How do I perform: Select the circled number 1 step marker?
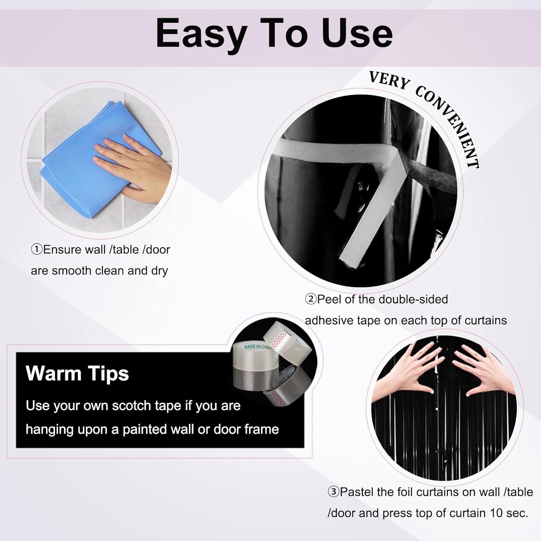37,250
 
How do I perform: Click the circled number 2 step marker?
311,299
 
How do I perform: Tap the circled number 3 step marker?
333,492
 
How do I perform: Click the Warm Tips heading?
77,373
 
